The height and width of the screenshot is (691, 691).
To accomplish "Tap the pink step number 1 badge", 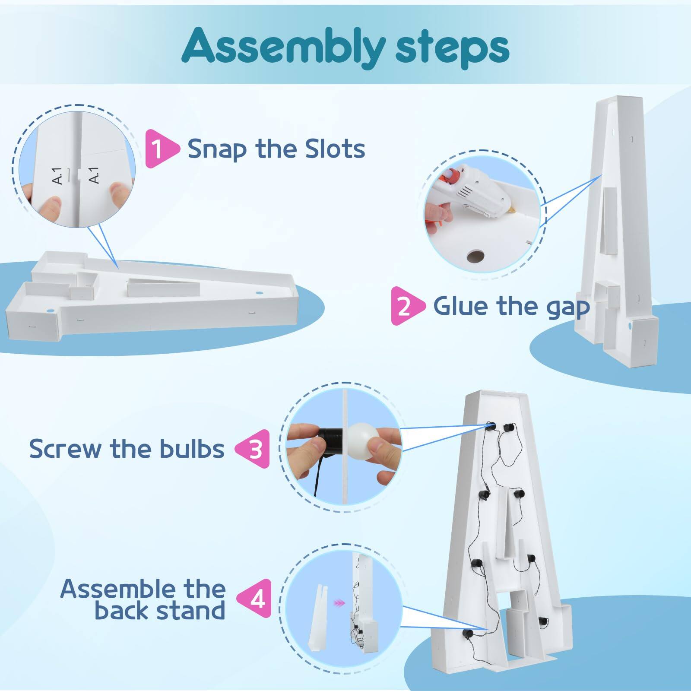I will (x=159, y=149).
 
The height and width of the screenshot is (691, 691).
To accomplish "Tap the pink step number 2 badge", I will (x=405, y=306).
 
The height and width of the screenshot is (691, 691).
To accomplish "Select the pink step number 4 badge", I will (x=257, y=599).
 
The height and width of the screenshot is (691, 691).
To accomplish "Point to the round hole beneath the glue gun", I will (x=476, y=256).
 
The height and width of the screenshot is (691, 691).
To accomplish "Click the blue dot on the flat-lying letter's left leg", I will (x=50, y=310).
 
